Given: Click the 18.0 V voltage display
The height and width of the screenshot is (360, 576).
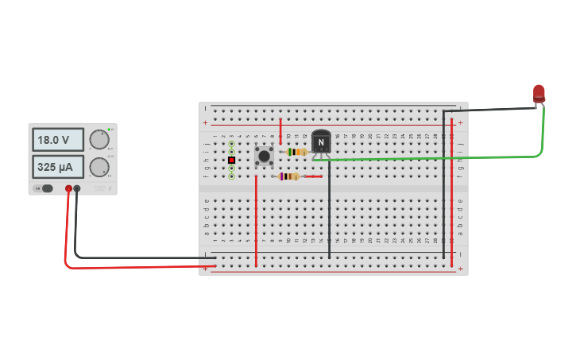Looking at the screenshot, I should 57,140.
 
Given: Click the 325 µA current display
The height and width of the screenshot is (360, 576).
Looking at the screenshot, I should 57,167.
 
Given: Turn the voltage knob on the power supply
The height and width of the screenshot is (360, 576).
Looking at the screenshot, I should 99,140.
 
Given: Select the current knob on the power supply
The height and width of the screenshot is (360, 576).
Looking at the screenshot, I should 99,167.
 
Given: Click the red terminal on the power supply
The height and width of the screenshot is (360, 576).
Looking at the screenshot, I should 68,189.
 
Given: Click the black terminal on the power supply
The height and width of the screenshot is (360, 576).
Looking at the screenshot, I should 77,189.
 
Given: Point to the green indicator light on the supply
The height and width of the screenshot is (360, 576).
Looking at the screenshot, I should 110,130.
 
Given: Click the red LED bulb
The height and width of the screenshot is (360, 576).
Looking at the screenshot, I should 539,93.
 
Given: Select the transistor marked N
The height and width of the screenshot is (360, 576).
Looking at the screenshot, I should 321,141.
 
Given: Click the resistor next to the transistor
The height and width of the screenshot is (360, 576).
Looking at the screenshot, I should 296,152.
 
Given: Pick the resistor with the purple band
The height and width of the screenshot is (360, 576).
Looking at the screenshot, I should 289,176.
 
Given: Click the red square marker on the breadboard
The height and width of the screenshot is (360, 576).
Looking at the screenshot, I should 231,160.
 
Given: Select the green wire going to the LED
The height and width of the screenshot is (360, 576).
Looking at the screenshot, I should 429,158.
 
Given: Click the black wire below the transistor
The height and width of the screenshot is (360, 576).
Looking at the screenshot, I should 329,215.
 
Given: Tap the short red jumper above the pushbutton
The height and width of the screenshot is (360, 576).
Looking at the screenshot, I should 280,131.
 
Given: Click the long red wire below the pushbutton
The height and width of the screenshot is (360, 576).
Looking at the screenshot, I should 256,223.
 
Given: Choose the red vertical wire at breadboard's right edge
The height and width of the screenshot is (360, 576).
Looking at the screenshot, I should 451,191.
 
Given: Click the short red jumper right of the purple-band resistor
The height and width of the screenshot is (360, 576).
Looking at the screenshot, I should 311,176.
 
